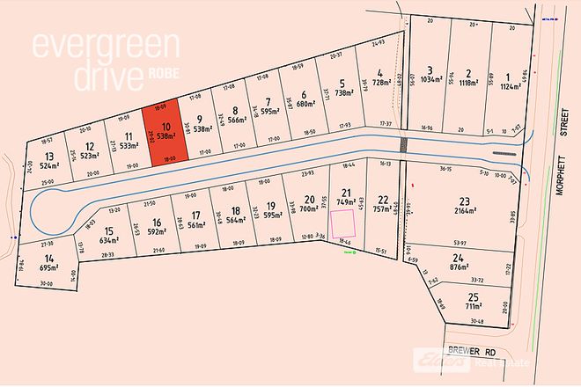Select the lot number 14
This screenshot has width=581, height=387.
pos(48,258)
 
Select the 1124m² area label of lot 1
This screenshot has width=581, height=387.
pos(509,86)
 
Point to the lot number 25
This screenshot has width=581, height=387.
pos(474,296)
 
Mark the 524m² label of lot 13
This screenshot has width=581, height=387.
pos(48,164)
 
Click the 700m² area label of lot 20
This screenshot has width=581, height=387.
pos(309,208)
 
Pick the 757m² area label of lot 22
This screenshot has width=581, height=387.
pos(381,211)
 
